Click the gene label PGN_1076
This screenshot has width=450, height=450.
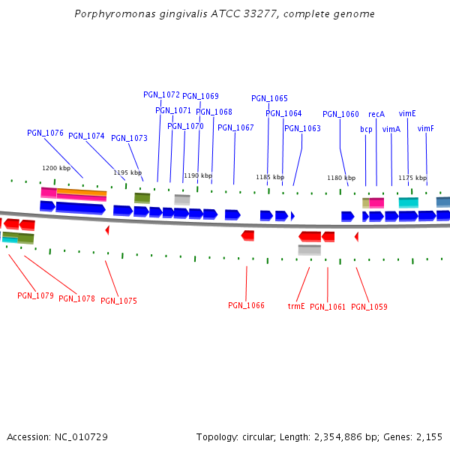45,133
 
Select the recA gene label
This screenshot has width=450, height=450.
376,114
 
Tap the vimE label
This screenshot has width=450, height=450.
407,113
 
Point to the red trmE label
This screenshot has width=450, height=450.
296,306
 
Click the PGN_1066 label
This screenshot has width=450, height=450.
246,305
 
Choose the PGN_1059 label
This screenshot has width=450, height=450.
369,307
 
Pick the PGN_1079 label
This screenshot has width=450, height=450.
35,295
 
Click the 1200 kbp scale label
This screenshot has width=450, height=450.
55,168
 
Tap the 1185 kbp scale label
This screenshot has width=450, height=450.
270,177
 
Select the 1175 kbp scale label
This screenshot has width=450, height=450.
412,178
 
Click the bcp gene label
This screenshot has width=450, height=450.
366,129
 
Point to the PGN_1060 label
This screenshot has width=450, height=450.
340,114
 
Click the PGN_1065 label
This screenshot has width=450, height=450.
269,98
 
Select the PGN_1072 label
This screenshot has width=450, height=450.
161,94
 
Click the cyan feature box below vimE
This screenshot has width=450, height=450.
408,202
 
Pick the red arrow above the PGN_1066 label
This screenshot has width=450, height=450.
247,235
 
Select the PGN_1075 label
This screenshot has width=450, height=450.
118,301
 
